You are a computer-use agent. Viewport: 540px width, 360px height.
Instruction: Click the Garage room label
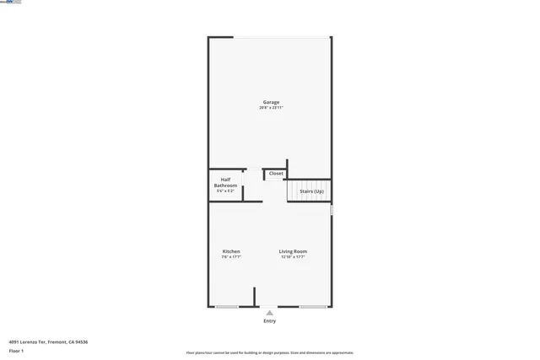click(270, 102)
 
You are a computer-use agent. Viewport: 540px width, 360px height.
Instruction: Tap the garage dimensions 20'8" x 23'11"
click(270, 108)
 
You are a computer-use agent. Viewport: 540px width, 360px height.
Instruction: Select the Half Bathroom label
click(225, 182)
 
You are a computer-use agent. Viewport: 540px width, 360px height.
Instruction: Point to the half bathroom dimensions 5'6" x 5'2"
click(225, 191)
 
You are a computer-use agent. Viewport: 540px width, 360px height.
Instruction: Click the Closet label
click(276, 174)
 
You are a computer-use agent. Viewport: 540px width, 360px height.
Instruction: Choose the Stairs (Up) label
click(311, 191)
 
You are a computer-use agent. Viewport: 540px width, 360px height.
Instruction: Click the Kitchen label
click(231, 251)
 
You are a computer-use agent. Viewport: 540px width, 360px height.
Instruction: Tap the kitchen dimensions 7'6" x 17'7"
click(231, 257)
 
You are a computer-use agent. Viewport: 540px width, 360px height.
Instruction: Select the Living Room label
click(294, 251)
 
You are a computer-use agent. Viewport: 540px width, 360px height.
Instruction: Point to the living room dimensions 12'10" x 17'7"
click(294, 257)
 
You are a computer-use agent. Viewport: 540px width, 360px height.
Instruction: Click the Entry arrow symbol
click(269, 313)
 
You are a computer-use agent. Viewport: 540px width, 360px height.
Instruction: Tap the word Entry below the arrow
click(269, 321)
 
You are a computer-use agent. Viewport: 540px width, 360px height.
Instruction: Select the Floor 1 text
click(16, 350)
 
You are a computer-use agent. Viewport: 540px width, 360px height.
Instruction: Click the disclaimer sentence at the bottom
click(269, 353)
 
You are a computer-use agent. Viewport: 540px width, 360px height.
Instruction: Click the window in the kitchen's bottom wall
click(226, 307)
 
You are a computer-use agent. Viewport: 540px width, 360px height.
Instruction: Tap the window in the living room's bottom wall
click(313, 307)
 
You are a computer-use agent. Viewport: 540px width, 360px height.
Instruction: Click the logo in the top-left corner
click(11, 3)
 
